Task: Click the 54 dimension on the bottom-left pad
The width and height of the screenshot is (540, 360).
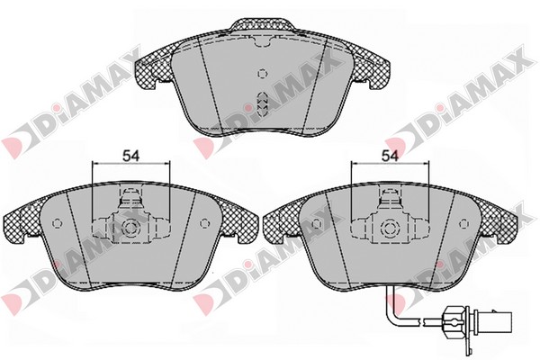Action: point(131,157)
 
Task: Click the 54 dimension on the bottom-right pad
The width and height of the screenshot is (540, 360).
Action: point(390,157)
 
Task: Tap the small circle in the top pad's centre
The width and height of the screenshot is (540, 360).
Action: point(263,74)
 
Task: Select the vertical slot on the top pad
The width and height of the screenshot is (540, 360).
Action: point(263,103)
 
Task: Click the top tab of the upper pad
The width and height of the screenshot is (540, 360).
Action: point(263,26)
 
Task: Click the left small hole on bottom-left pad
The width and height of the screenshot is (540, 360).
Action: point(57,223)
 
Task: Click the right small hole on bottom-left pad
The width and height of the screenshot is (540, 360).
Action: point(204,223)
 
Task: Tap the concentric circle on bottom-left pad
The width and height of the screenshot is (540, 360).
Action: point(130,228)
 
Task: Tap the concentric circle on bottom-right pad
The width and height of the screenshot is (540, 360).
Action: point(389,228)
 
